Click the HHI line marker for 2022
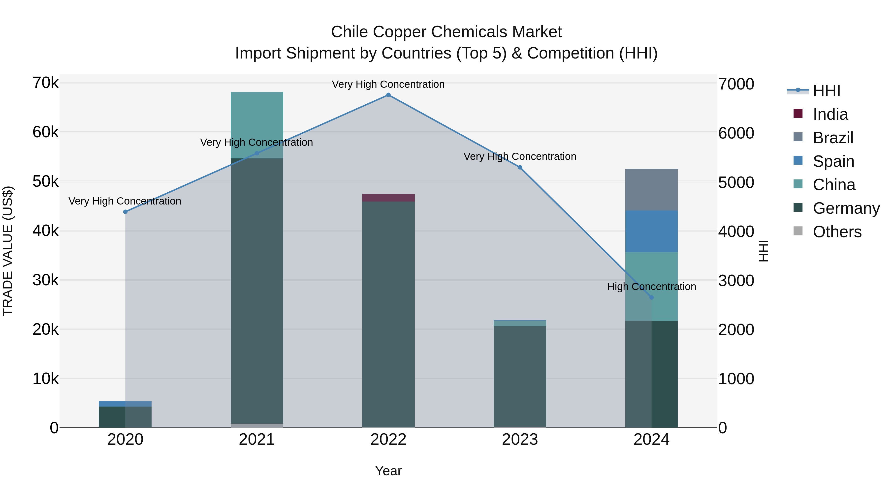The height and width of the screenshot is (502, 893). [388, 95]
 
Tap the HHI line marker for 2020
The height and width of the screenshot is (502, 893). [126, 212]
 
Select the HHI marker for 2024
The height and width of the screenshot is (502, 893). [651, 297]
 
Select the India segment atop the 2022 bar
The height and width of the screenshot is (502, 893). [388, 198]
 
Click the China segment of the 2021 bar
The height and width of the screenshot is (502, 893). [257, 121]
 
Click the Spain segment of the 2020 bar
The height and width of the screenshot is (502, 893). [114, 404]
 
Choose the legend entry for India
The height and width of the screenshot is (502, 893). [830, 114]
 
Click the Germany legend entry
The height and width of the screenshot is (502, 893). [846, 208]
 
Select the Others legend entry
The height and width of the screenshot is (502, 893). [837, 232]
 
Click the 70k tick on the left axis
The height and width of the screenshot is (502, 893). [45, 83]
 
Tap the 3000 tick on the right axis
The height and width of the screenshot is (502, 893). [736, 281]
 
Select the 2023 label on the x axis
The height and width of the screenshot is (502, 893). [520, 440]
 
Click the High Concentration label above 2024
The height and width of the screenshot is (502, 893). [651, 287]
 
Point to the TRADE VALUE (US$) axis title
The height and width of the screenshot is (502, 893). [8, 251]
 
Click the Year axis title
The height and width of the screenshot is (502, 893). [388, 471]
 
